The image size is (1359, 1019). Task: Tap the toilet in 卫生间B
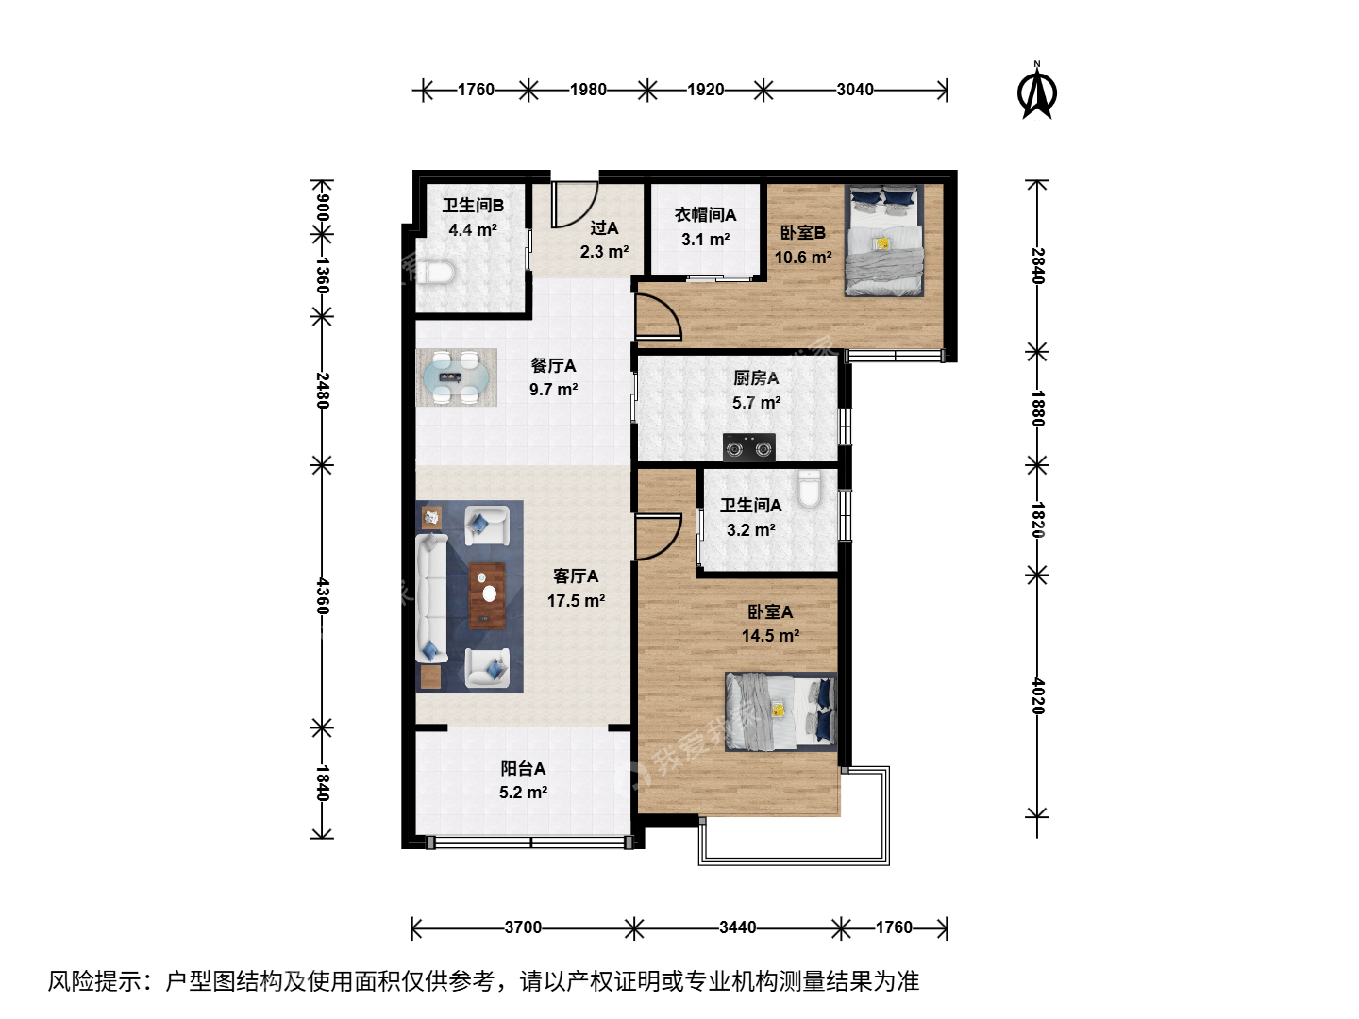436,273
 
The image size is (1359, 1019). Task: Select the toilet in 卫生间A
809,489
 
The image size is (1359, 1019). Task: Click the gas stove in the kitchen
749,447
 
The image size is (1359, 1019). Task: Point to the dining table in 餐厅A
456,377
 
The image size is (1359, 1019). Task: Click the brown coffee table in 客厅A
487,595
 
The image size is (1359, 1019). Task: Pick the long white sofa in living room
432,597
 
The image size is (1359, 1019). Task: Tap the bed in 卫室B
884,241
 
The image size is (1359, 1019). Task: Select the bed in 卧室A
781,711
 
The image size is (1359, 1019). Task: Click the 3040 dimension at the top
854,91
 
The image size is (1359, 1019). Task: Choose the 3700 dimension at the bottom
523,927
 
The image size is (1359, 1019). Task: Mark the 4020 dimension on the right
1038,696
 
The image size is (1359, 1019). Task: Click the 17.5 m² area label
576,601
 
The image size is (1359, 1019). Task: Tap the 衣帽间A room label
705,215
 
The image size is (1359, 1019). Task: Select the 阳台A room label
523,768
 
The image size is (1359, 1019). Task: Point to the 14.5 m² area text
770,635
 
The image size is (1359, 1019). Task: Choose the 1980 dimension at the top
588,91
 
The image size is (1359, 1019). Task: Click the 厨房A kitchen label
756,378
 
